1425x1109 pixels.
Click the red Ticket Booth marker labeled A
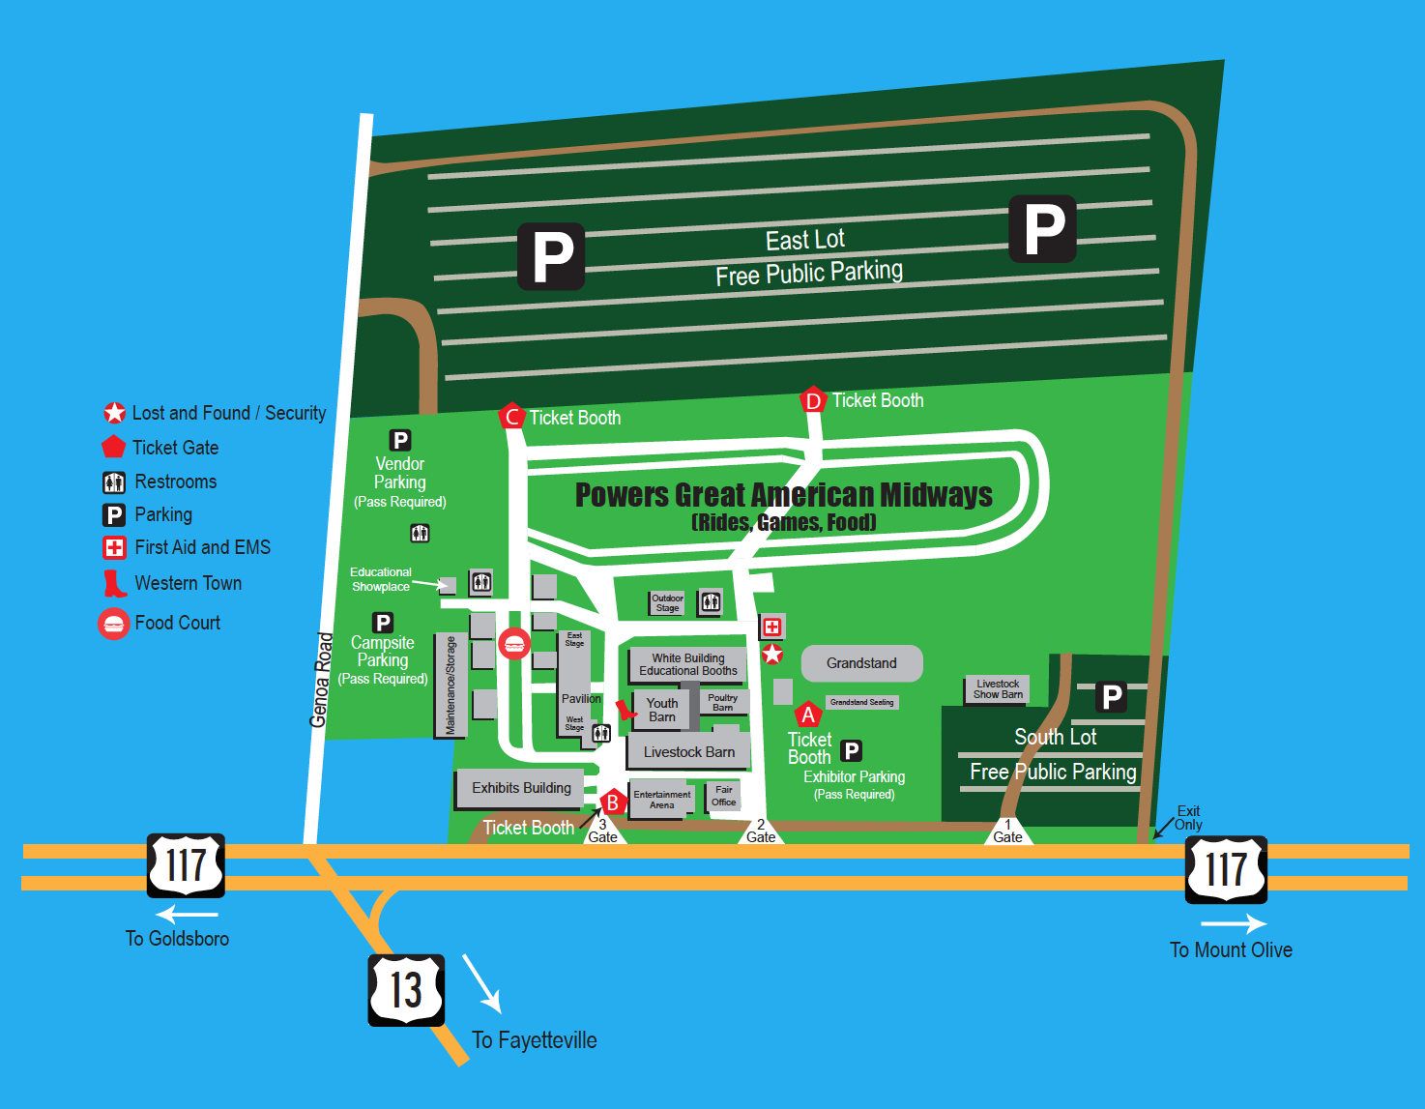pyautogui.click(x=807, y=715)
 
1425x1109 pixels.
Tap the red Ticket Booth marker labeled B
pyautogui.click(x=612, y=803)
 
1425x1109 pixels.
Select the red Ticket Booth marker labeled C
pyautogui.click(x=511, y=417)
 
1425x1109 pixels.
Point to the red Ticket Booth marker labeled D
pyautogui.click(x=813, y=400)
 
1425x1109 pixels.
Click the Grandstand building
pyautogui.click(x=861, y=663)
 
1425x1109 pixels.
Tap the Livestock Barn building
pyautogui.click(x=688, y=752)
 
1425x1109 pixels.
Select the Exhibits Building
pyautogui.click(x=520, y=788)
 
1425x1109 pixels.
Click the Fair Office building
pyautogui.click(x=724, y=796)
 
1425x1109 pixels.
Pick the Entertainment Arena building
pyautogui.click(x=661, y=800)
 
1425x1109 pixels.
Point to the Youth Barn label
pyautogui.click(x=661, y=710)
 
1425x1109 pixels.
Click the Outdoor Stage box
pyautogui.click(x=667, y=603)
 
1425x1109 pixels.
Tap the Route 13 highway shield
pyautogui.click(x=406, y=990)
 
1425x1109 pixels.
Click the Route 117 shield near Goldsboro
pyautogui.click(x=186, y=865)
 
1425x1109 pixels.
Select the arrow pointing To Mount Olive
pyautogui.click(x=1233, y=924)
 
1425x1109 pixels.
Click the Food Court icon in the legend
pyautogui.click(x=114, y=624)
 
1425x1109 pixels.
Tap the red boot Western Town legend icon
pyautogui.click(x=114, y=583)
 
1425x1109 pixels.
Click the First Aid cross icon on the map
pyautogui.click(x=771, y=627)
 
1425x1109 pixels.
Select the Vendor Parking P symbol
pyautogui.click(x=399, y=440)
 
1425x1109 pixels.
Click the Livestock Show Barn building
pyautogui.click(x=997, y=689)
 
